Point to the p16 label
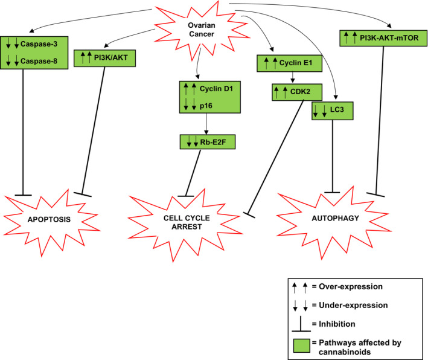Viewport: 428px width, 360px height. (x=208, y=108)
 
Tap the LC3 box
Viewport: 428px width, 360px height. (x=331, y=112)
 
